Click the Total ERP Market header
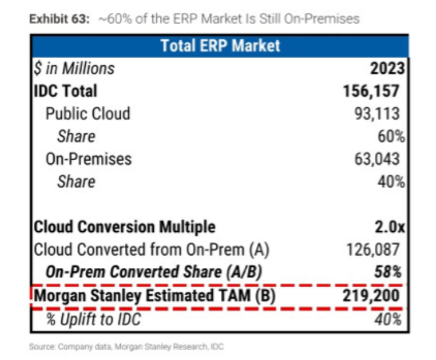click(220, 45)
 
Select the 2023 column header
click(387, 68)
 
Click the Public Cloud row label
click(87, 113)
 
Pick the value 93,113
click(382, 113)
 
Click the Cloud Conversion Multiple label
click(125, 227)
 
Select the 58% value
click(390, 272)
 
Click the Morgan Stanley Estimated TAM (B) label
click(154, 296)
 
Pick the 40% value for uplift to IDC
click(391, 319)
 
